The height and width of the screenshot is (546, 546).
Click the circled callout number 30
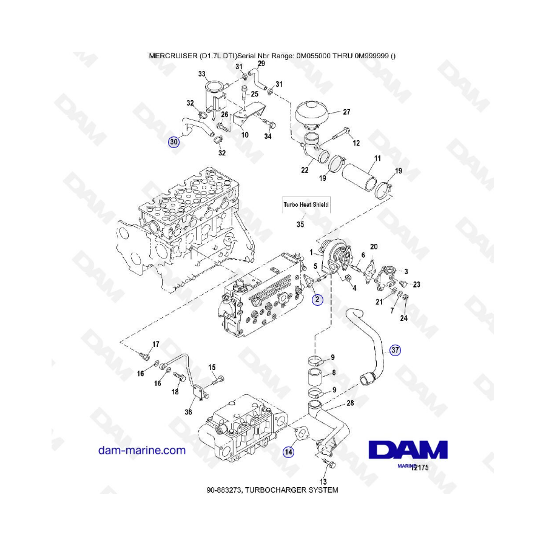[x=174, y=142]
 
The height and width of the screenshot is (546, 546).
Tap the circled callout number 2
[x=317, y=299]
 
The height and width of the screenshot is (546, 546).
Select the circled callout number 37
[x=395, y=350]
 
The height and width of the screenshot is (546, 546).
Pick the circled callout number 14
[x=288, y=452]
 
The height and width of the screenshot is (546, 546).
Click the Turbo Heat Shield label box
[x=306, y=205]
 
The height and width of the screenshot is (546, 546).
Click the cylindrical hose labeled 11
[x=360, y=177]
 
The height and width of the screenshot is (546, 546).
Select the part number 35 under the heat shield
[x=300, y=224]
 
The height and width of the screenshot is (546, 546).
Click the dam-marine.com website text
[x=142, y=450]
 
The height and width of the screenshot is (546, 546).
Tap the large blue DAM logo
[x=408, y=450]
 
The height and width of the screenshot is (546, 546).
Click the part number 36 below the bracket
[x=188, y=412]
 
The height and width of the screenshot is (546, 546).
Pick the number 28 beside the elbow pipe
[x=350, y=403]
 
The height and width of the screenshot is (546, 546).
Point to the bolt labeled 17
[x=144, y=356]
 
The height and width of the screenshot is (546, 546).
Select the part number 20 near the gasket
[x=374, y=246]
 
